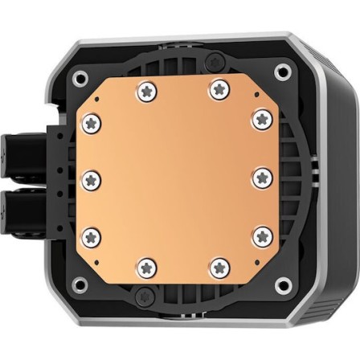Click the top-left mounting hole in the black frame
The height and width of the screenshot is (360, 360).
79,78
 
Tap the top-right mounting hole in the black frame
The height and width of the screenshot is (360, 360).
282,74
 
